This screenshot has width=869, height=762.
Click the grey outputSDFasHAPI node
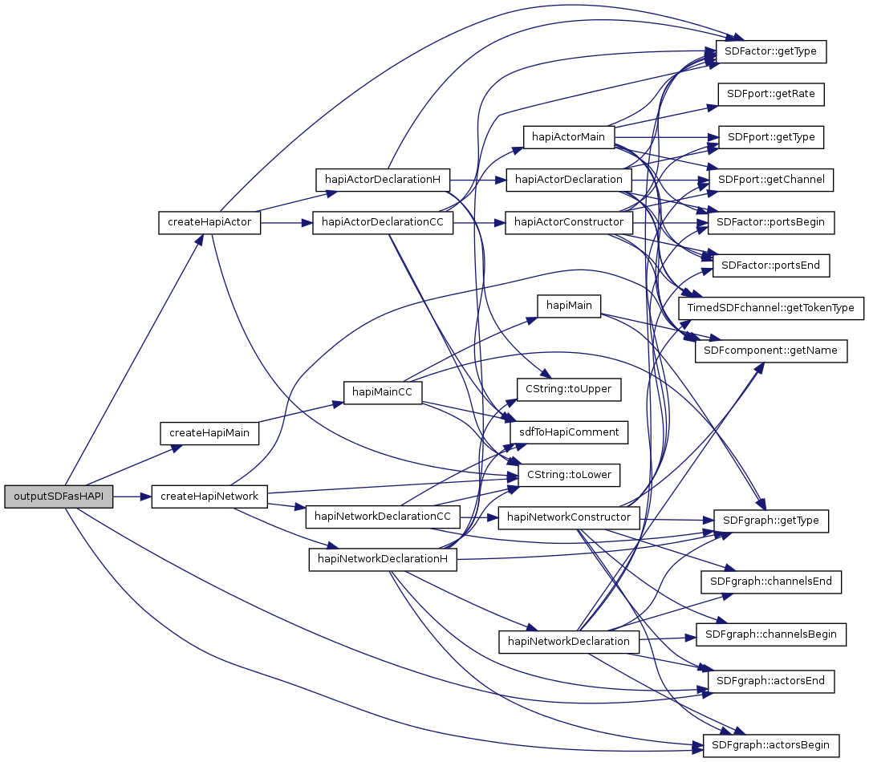pyautogui.click(x=59, y=497)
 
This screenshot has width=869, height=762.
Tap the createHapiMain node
pyautogui.click(x=210, y=433)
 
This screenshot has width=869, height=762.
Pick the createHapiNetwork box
pyautogui.click(x=209, y=497)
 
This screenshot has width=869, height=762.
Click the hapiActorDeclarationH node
pyautogui.click(x=382, y=178)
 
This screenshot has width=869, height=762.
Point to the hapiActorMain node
pyautogui.click(x=568, y=136)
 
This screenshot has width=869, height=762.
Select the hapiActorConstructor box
pyautogui.click(x=568, y=221)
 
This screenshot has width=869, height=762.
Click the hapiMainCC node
pyautogui.click(x=383, y=391)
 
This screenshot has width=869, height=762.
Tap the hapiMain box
pyautogui.click(x=568, y=305)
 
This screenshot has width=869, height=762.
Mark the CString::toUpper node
pyautogui.click(x=568, y=389)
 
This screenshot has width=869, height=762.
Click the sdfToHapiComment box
pyautogui.click(x=568, y=432)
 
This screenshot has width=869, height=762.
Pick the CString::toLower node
pyautogui.click(x=568, y=475)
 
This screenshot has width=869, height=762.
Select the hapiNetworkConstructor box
pyautogui.click(x=568, y=517)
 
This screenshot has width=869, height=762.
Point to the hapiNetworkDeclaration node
pyautogui.click(x=568, y=642)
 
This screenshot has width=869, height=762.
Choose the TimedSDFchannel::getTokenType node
pyautogui.click(x=770, y=308)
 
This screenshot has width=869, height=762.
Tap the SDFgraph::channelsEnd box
pyautogui.click(x=770, y=581)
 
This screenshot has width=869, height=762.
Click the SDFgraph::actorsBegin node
pyautogui.click(x=770, y=745)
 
